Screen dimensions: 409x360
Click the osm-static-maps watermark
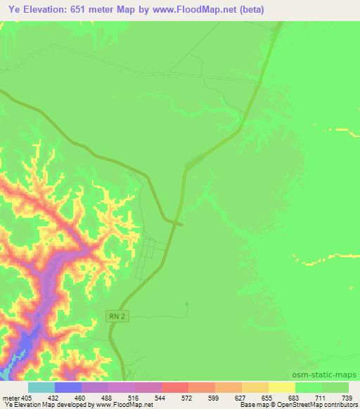pos(325,375)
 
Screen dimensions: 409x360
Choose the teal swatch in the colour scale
pos(41,387)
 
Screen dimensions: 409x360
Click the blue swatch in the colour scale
pos(68,387)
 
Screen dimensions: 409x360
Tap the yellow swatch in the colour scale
pos(281,387)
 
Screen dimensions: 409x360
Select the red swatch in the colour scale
pos(174,387)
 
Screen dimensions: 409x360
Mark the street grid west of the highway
pos(148,257)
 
